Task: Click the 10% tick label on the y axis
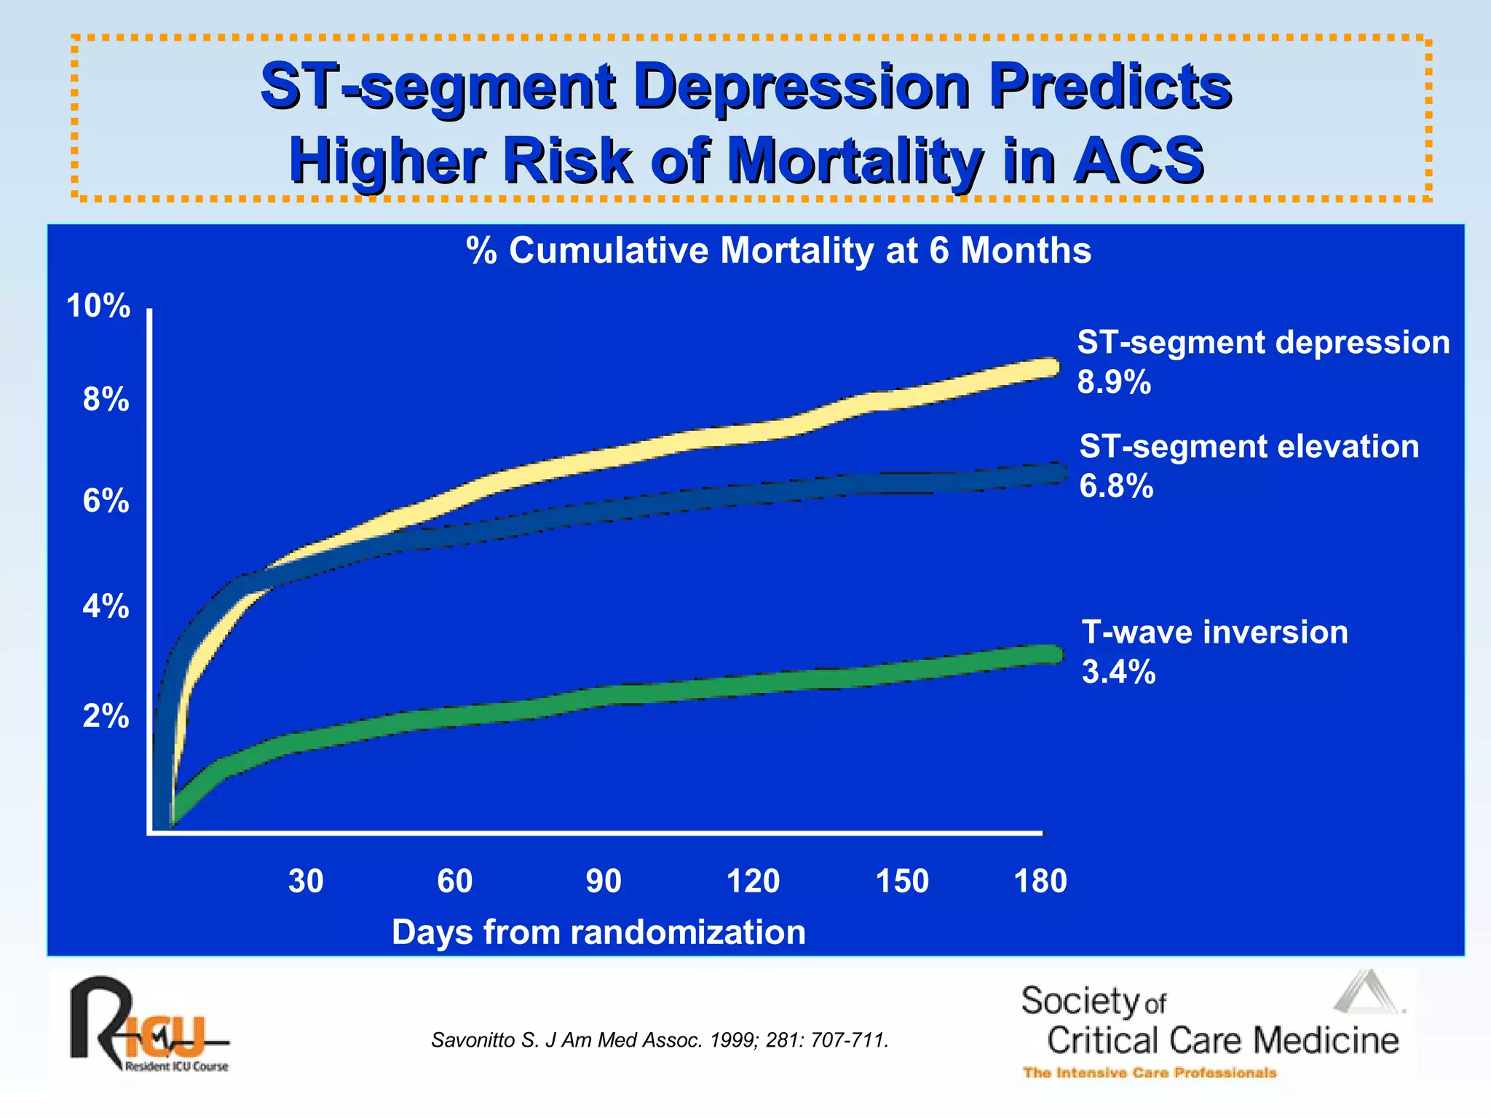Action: (x=98, y=306)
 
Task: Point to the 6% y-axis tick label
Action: (x=106, y=501)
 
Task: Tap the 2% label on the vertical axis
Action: (x=106, y=717)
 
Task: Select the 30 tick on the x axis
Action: (x=306, y=881)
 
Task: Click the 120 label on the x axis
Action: (x=753, y=881)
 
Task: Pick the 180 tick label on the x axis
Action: (x=1040, y=881)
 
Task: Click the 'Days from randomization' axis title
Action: (x=598, y=932)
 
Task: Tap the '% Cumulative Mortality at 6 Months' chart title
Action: (x=778, y=250)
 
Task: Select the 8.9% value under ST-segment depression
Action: (x=1114, y=382)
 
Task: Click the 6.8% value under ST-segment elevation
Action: (x=1116, y=486)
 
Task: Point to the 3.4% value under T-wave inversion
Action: (x=1118, y=672)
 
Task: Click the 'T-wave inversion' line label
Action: (x=1214, y=632)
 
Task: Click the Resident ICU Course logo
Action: (x=149, y=1025)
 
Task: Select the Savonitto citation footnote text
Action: (x=660, y=1040)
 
